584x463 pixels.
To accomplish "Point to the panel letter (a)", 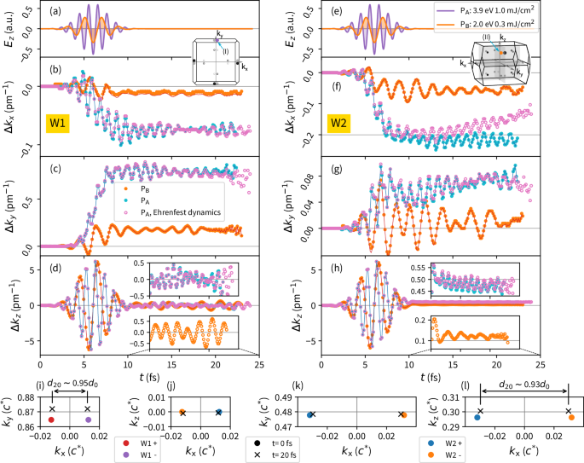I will (55, 10).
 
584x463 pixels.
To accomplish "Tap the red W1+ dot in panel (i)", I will (52, 419).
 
